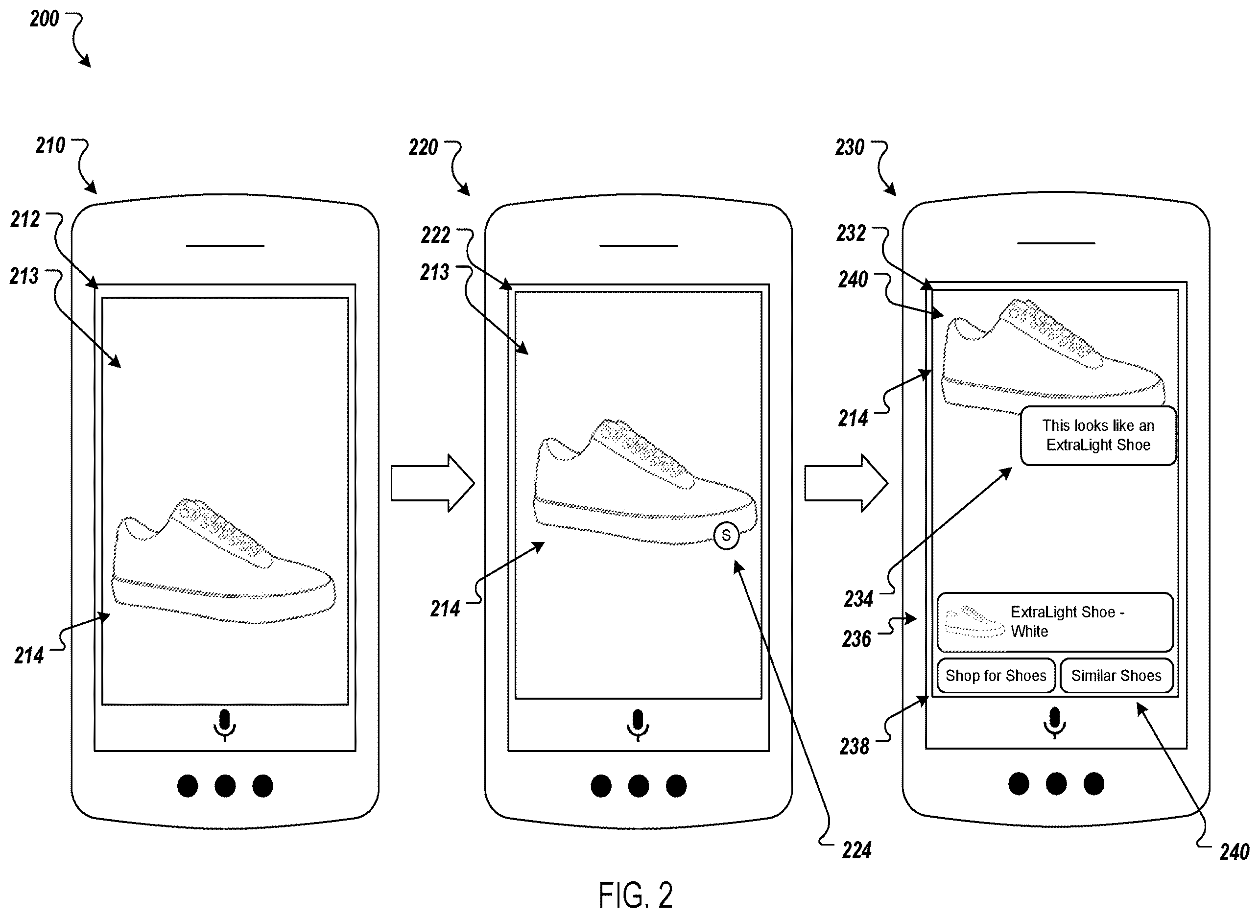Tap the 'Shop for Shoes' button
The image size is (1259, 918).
click(996, 676)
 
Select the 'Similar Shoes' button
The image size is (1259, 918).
click(1116, 676)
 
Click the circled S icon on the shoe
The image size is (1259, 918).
click(726, 536)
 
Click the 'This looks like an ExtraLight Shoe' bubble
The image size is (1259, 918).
click(1098, 436)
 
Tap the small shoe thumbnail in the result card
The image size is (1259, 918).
click(974, 622)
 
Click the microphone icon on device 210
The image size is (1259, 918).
click(225, 725)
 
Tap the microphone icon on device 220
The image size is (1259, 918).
click(638, 725)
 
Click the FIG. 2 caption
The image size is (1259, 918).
click(635, 895)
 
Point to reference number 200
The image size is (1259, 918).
click(45, 19)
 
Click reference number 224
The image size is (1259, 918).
click(856, 850)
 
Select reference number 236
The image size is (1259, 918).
click(856, 639)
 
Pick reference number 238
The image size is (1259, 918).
click(855, 747)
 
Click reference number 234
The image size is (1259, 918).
click(859, 599)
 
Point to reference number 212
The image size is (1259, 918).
click(25, 219)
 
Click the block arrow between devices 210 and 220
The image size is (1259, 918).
click(432, 483)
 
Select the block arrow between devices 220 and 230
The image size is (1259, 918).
click(846, 483)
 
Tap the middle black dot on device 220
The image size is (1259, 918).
click(638, 786)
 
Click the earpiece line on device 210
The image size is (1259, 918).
click(225, 245)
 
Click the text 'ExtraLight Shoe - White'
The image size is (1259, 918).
click(1067, 622)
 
